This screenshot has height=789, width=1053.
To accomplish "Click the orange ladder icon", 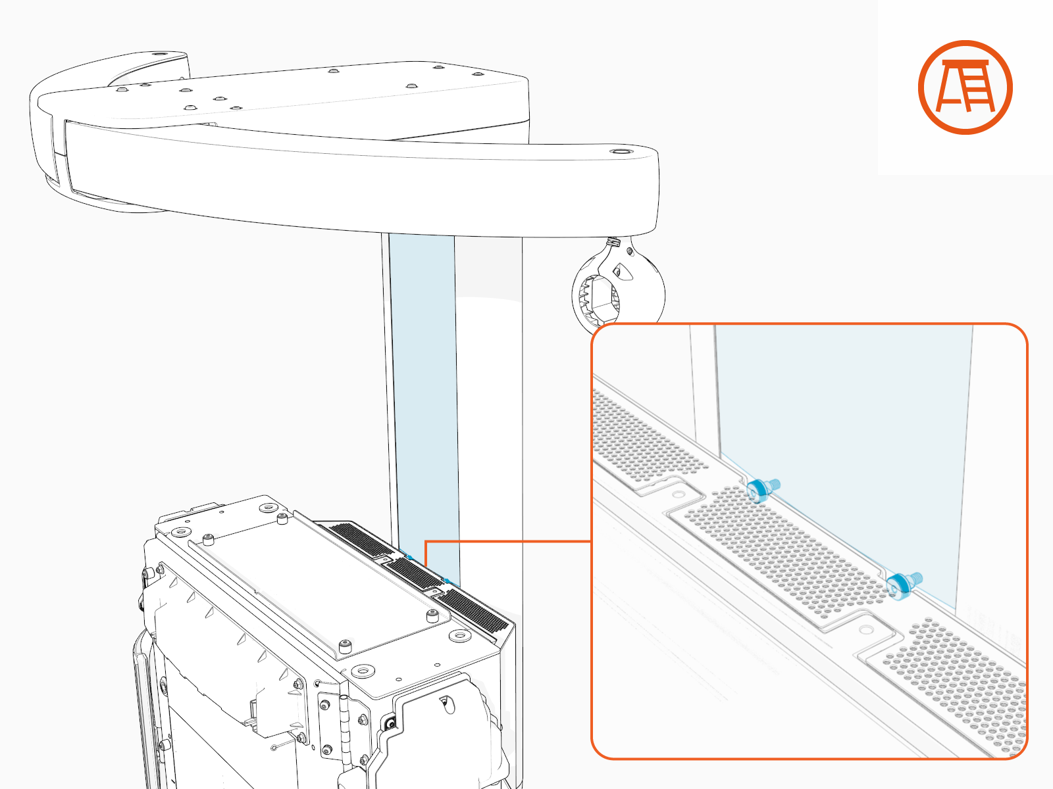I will pos(965,87).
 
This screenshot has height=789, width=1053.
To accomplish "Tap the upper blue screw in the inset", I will pos(760,489).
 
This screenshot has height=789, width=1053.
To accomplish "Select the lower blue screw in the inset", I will pos(899,584).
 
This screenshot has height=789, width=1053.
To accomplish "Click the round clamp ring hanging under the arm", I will pos(617,290).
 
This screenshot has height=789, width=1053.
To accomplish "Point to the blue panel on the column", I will pos(423,394).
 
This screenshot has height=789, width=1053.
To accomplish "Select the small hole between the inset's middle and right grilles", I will pos(866,630).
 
